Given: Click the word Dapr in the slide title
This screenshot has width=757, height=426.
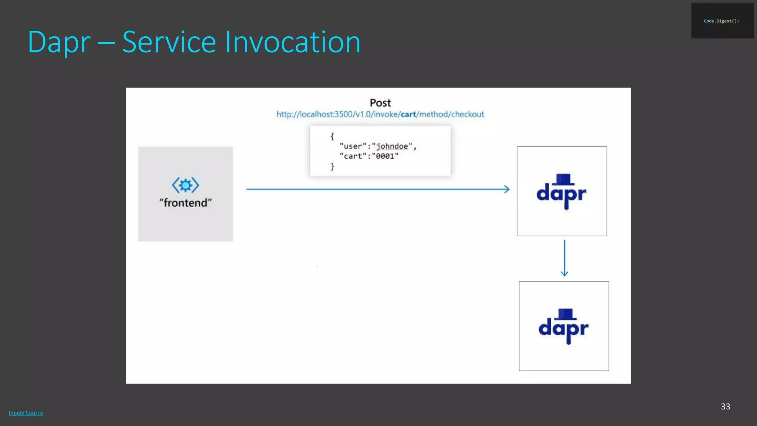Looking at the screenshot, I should point(59,43).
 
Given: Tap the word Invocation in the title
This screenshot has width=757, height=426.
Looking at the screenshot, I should point(293,42).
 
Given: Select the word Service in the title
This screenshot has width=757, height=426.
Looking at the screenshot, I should point(169,42).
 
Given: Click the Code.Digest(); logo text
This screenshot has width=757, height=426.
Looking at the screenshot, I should point(721,21).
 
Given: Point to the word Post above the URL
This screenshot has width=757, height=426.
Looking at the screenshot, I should point(380,103).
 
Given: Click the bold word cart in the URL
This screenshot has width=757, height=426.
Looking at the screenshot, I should point(408,114).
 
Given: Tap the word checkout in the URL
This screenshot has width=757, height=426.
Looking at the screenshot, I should point(467,114).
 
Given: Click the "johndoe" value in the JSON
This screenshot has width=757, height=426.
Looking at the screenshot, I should point(392,146).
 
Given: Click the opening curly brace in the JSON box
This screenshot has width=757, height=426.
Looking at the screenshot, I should point(332,136).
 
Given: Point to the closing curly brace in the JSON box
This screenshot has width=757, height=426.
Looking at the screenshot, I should point(332,166).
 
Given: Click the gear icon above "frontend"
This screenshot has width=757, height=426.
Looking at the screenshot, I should point(186,185).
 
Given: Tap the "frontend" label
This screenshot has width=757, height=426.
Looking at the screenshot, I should point(186,203).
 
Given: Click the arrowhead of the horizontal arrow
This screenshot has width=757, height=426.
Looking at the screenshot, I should point(507,189).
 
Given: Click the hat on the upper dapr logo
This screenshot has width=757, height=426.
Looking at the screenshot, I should point(564,179).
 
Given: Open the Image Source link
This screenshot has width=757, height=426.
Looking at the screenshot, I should point(26,413).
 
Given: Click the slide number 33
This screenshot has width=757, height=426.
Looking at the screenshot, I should point(725,406).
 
